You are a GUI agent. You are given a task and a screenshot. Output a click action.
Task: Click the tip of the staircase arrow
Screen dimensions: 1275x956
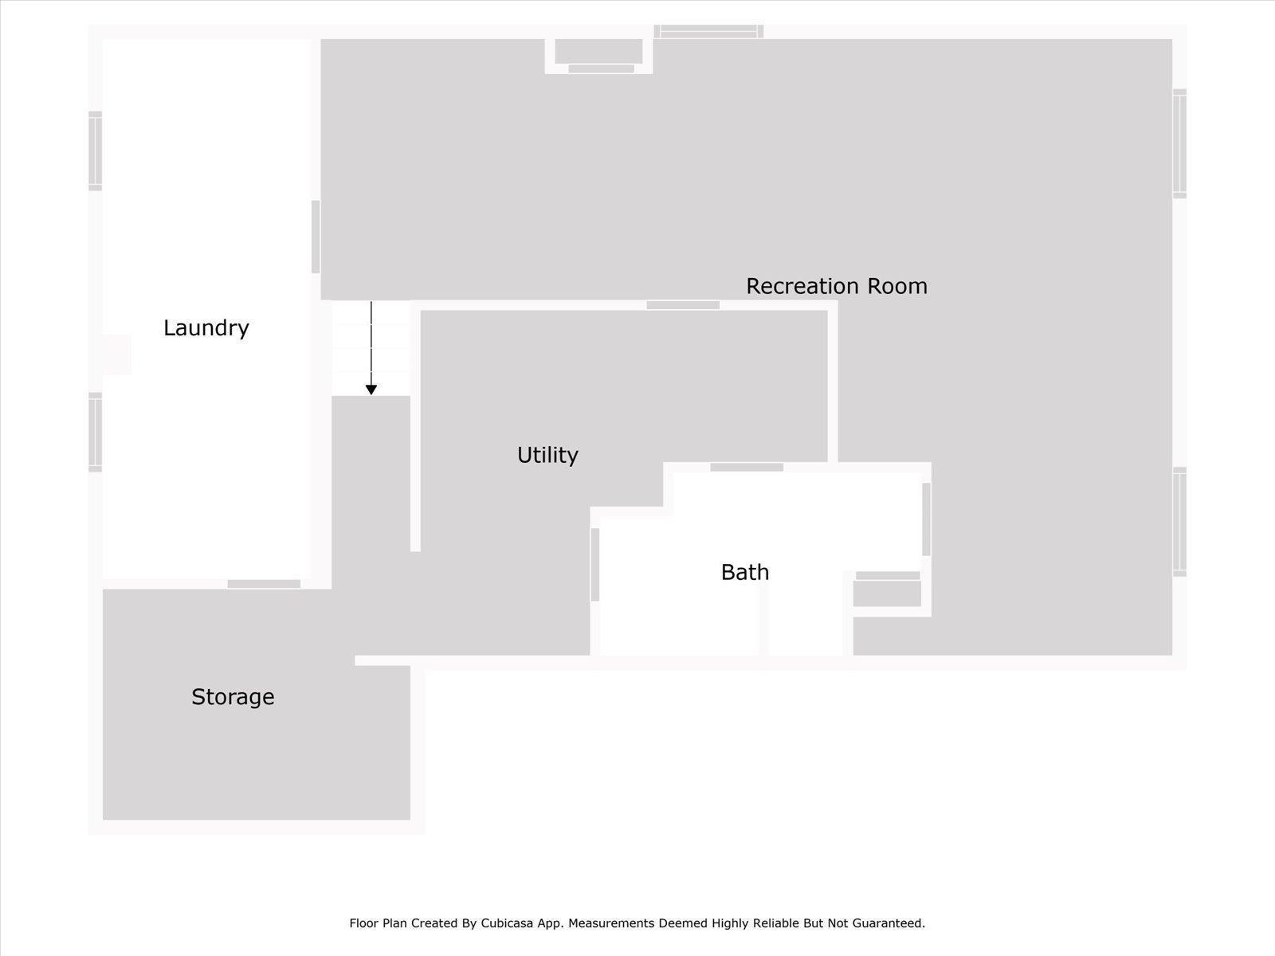click(371, 394)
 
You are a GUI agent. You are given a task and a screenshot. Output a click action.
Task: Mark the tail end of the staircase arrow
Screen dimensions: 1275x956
click(371, 302)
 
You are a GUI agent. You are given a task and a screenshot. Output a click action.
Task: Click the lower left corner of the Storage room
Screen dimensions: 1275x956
click(104, 819)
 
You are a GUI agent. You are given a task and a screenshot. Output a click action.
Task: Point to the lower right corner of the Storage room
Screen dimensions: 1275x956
click(410, 819)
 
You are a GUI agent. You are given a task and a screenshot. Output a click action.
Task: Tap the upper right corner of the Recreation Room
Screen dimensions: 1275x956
click(1171, 40)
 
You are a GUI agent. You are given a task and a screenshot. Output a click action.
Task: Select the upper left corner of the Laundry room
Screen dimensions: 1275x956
click(104, 40)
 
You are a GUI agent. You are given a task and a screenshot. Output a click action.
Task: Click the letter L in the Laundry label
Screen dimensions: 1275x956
click(169, 328)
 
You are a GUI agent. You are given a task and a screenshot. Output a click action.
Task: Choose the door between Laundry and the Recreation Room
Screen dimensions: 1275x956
click(316, 237)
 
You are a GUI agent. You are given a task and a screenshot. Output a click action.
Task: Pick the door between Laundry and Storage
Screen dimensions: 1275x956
click(264, 584)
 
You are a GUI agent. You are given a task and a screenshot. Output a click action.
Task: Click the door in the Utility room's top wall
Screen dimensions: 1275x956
click(683, 305)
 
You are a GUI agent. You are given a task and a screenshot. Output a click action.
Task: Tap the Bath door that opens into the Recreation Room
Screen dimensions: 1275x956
click(926, 519)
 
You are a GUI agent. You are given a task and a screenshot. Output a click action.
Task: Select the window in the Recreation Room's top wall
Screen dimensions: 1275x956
click(708, 31)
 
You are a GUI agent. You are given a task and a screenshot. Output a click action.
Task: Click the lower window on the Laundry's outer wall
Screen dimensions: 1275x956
click(96, 433)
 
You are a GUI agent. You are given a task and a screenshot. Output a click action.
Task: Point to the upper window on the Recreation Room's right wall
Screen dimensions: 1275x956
click(1179, 143)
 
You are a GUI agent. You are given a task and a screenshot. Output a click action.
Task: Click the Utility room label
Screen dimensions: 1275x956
click(547, 455)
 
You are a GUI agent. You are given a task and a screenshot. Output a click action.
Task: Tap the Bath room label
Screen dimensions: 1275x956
click(745, 572)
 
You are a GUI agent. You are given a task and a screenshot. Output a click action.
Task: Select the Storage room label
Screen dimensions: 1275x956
click(233, 697)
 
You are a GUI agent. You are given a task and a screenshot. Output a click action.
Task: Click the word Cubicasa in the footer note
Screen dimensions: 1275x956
click(507, 923)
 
